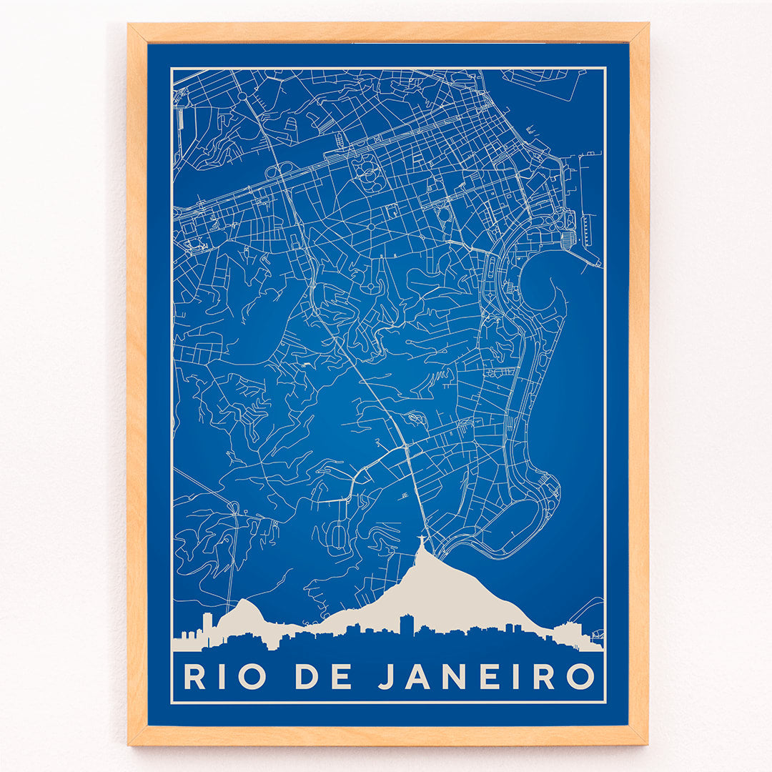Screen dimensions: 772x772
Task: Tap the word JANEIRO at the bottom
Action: [x=486, y=676]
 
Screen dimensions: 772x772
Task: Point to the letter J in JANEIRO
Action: [x=387, y=676]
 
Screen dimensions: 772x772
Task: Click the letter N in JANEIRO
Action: [x=454, y=676]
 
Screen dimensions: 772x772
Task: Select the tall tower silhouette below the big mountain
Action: [x=406, y=623]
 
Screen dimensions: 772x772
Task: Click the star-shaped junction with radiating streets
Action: [x=371, y=227]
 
